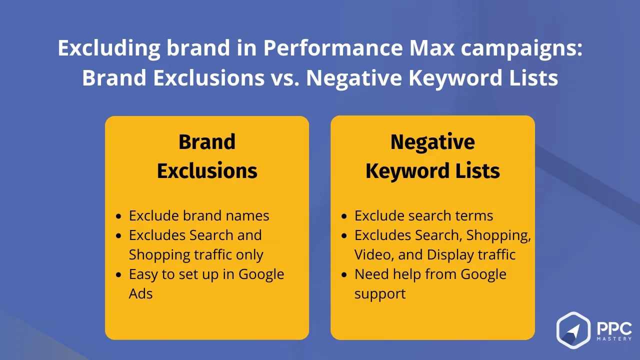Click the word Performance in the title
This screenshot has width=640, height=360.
pyautogui.click(x=333, y=47)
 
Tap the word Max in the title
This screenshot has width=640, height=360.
pyautogui.click(x=431, y=47)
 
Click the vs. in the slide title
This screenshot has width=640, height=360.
pyautogui.click(x=285, y=77)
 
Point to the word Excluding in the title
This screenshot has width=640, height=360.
pyautogui.click(x=109, y=48)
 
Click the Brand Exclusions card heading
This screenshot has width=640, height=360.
pyautogui.click(x=207, y=156)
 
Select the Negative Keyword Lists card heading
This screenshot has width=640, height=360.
pyautogui.click(x=432, y=156)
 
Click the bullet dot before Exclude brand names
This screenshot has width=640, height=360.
pyautogui.click(x=118, y=216)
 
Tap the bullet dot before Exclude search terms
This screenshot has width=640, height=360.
pyautogui.click(x=344, y=216)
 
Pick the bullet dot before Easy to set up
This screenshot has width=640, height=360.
pyautogui.click(x=118, y=275)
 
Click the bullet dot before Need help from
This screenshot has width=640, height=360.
pyautogui.click(x=344, y=275)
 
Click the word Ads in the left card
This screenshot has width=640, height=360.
pyautogui.click(x=140, y=293)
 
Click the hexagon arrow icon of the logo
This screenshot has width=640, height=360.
pyautogui.click(x=573, y=330)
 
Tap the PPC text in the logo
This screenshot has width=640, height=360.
pyautogui.click(x=614, y=329)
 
